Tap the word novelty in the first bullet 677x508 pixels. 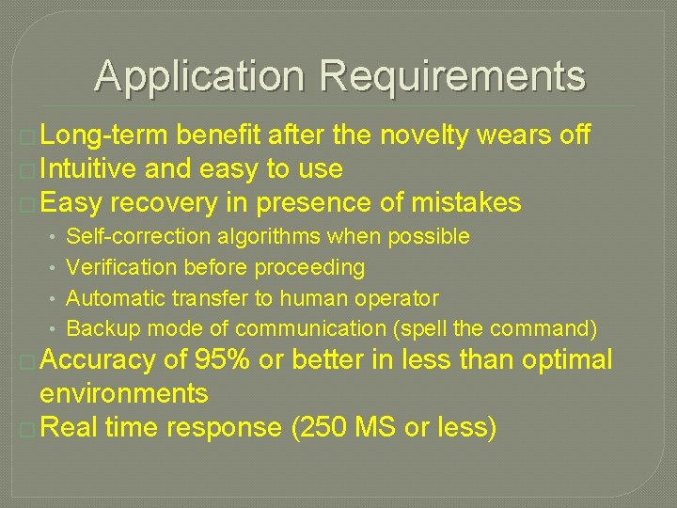[x=424, y=135]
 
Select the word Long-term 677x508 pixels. [x=102, y=135]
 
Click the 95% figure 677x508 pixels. [x=221, y=359]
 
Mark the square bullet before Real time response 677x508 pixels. [x=27, y=428]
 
